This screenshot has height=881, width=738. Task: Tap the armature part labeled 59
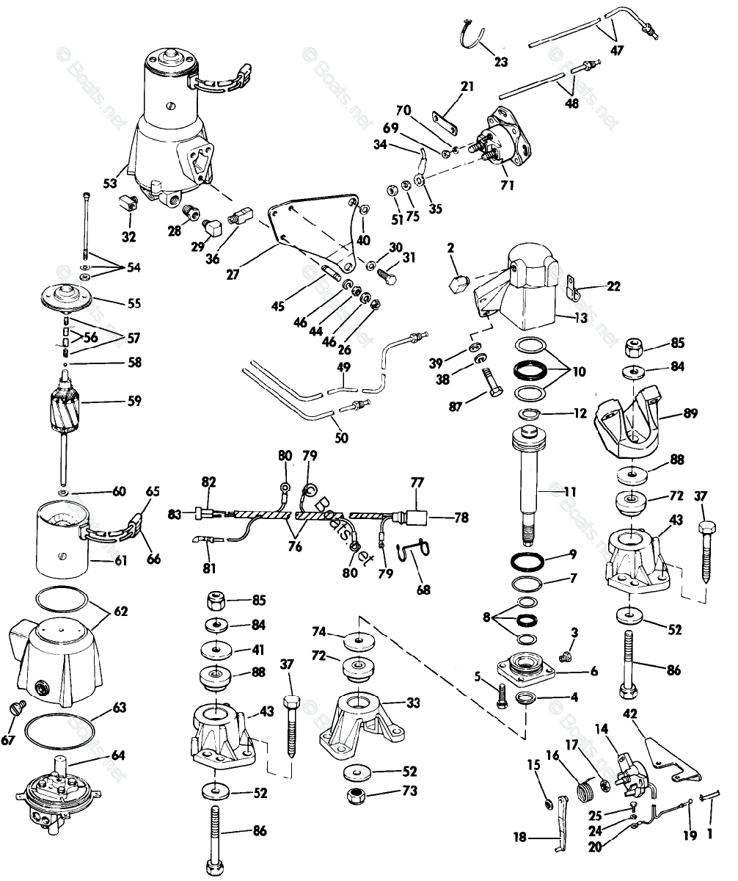(71, 407)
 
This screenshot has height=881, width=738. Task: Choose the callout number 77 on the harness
(417, 483)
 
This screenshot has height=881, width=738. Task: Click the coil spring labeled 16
(587, 791)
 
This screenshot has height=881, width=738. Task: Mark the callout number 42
(630, 714)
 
